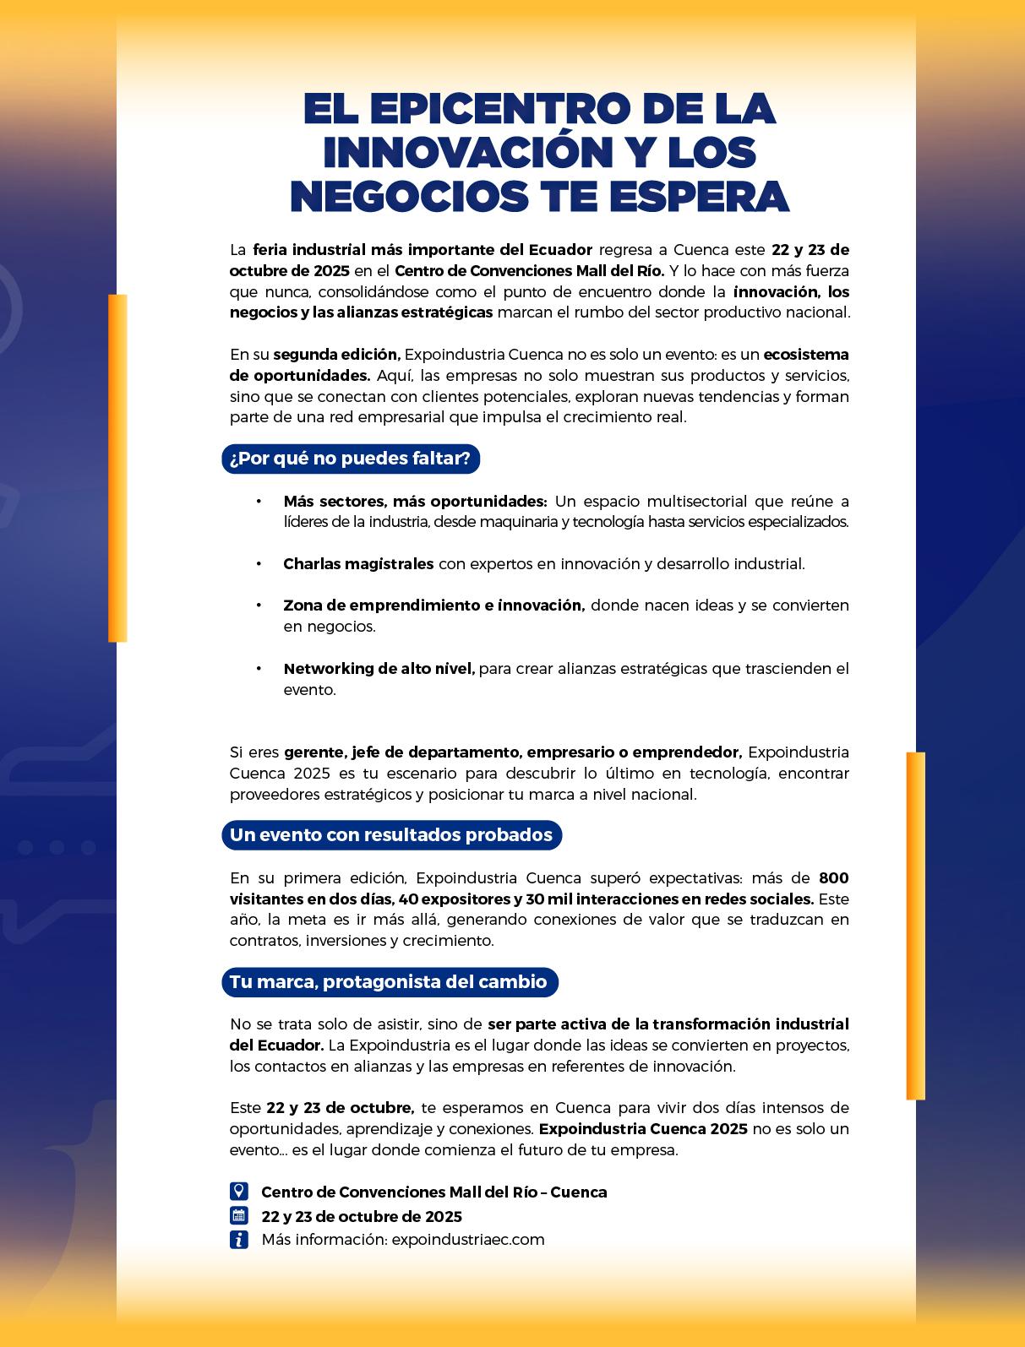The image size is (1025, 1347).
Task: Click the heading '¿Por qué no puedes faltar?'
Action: pos(351,459)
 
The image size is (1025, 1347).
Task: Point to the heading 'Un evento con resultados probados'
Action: pos(391,835)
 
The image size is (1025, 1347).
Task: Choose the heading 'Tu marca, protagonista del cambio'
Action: pos(389,982)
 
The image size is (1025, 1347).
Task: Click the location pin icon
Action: pos(239,1192)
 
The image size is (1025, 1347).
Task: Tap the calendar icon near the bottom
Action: pos(239,1216)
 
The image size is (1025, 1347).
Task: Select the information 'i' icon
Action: pos(239,1240)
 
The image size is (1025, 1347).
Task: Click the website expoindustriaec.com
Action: pos(468,1240)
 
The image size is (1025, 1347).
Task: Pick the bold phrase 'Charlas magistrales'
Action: pos(358,564)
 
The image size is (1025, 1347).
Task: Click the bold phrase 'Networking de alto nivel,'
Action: pos(379,669)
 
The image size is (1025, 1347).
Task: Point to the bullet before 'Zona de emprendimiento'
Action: pos(259,606)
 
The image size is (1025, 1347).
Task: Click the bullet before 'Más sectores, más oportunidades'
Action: pos(259,502)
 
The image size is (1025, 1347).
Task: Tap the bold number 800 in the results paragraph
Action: pos(833,878)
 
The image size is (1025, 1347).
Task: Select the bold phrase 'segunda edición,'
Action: pos(336,355)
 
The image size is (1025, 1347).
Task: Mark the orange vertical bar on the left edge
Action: pos(117,468)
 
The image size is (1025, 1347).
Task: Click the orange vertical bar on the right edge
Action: pos(915,926)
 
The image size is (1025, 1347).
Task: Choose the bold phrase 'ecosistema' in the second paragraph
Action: pos(806,355)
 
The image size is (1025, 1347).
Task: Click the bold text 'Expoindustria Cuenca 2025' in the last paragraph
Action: pos(643,1129)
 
